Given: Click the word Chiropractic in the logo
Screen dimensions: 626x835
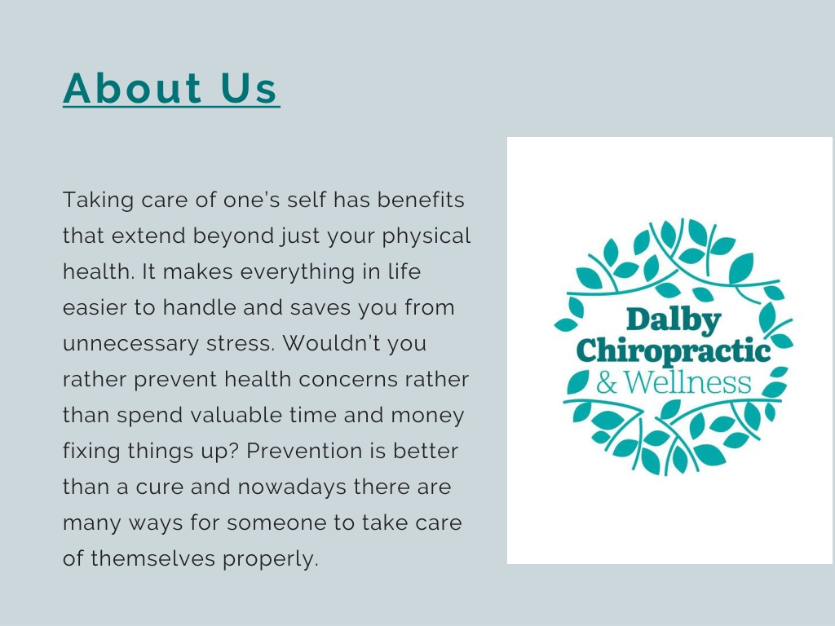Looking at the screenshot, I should coord(674,351).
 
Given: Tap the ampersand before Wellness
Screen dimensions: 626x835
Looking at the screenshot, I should coord(607,381).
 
